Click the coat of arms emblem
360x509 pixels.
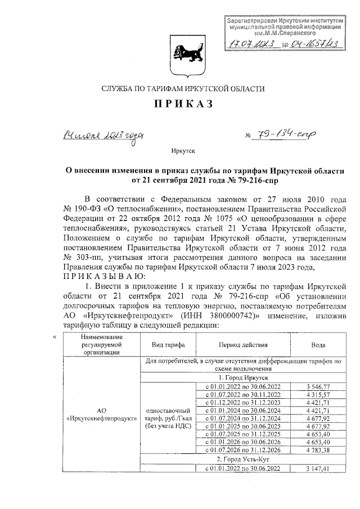179,54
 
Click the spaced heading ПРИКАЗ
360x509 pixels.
179,107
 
